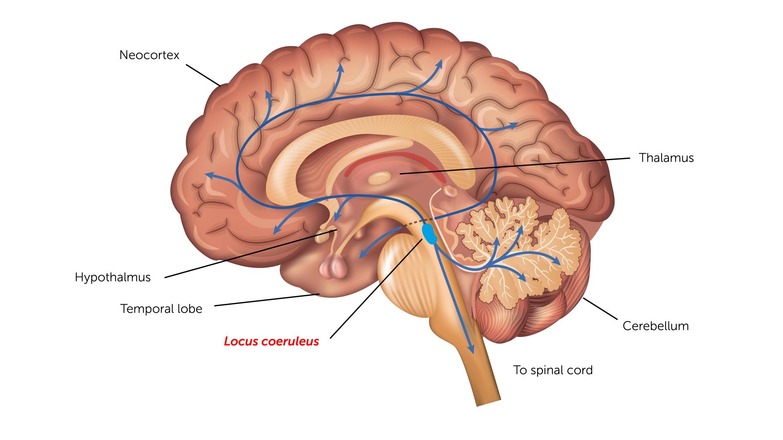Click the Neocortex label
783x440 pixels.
[x=149, y=55]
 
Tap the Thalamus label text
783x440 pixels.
[x=666, y=158]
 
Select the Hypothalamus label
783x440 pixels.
[x=113, y=277]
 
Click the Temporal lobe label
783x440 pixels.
[x=161, y=309]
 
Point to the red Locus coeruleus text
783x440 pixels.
[x=271, y=341]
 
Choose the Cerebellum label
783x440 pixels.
[x=655, y=326]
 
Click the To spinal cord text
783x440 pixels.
[x=553, y=370]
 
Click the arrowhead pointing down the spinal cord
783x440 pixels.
[x=471, y=350]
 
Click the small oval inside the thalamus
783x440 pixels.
[x=379, y=178]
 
